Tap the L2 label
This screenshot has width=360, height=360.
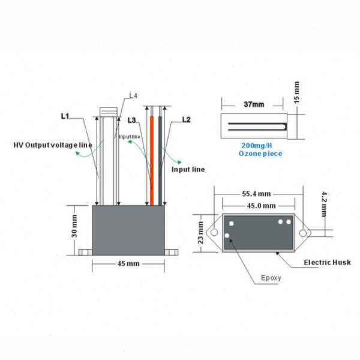click(x=186, y=121)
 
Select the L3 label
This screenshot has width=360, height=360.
click(x=132, y=121)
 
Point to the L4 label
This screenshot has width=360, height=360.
click(x=133, y=96)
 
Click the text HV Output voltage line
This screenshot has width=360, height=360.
click(x=53, y=145)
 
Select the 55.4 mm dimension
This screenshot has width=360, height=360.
click(x=257, y=194)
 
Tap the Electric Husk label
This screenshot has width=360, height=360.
click(x=327, y=262)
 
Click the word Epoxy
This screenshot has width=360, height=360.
click(x=270, y=278)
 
